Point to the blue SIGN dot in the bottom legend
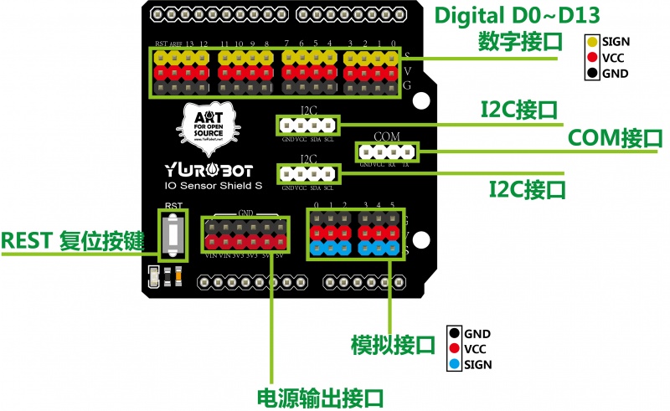pos(454,365)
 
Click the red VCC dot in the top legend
pos(592,58)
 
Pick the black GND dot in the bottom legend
pos(454,333)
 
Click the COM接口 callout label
pos(615,138)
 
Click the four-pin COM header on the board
pos(386,152)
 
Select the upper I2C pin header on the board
pos(308,126)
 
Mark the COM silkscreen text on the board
pos(387,136)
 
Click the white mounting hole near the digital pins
pos(420,99)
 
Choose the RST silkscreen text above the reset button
pos(173,205)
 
